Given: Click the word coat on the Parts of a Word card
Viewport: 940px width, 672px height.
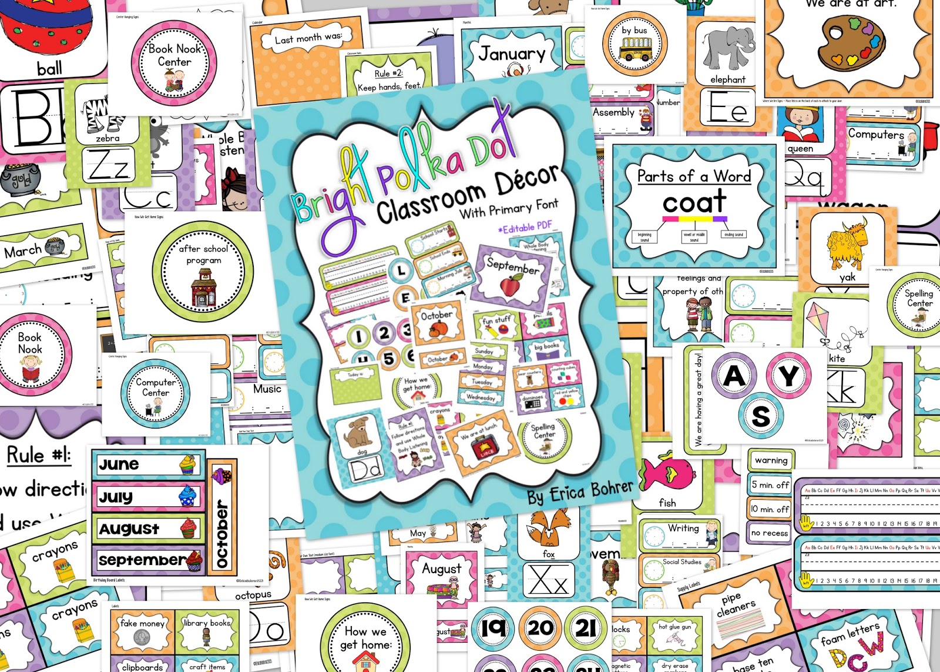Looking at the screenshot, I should pyautogui.click(x=694, y=202).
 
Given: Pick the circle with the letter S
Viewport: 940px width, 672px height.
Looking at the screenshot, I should pyautogui.click(x=760, y=416).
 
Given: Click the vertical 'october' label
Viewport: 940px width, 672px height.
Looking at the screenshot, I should pyautogui.click(x=222, y=518).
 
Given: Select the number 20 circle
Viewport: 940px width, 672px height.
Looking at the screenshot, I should pyautogui.click(x=540, y=628).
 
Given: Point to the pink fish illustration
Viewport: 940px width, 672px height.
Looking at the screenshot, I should pyautogui.click(x=668, y=473).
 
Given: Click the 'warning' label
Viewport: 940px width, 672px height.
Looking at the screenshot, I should pyautogui.click(x=771, y=460).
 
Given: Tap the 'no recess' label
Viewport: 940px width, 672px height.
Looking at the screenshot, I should pyautogui.click(x=770, y=533).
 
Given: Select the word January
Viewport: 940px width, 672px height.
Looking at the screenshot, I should pyautogui.click(x=512, y=54).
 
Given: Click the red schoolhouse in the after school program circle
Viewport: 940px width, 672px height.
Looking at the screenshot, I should pyautogui.click(x=203, y=287).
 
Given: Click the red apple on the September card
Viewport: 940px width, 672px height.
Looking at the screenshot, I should pyautogui.click(x=510, y=286).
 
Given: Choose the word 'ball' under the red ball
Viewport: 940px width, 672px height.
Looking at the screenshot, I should pyautogui.click(x=49, y=69).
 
